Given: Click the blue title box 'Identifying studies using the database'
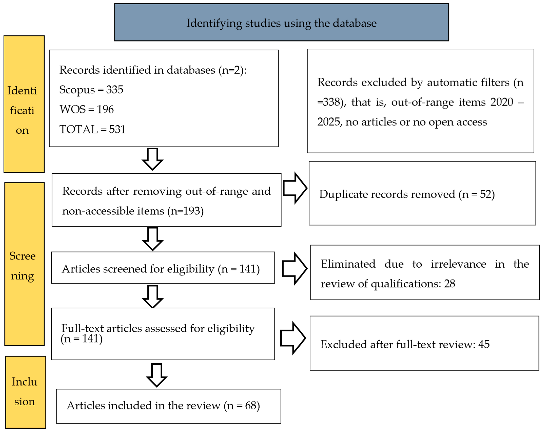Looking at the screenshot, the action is pos(282,22).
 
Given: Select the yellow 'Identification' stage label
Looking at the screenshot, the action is pos(24,104).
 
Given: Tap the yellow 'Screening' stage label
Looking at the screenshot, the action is pos(24,264).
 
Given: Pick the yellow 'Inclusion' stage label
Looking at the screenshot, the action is pos(26,392).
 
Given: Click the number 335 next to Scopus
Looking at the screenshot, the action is pos(115,90).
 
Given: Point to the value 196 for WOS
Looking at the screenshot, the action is pos(105,109).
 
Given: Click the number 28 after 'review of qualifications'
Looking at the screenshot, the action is pos(450,284).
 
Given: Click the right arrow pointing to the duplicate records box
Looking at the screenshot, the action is pos(295,188).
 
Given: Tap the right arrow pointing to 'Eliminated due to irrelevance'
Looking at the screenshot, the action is pos(295,269).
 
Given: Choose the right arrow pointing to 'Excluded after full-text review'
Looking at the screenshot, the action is pos(293,338).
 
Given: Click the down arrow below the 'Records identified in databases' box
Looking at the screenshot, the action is pos(153,159).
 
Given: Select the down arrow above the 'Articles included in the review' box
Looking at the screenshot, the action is pos(157,375).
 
